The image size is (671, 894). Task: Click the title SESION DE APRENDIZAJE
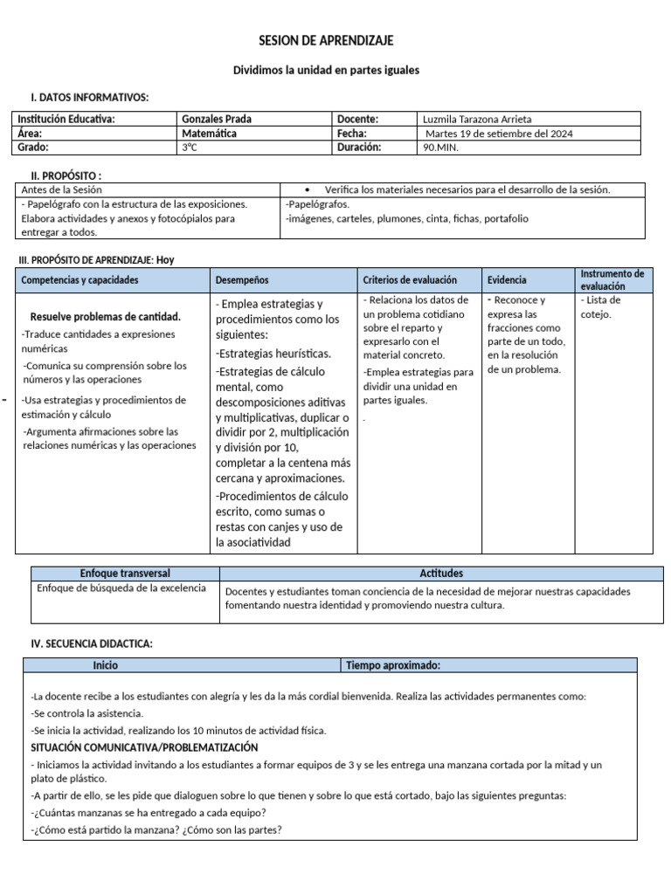326,41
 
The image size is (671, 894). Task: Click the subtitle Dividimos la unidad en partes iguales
326,70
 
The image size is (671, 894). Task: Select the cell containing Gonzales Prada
216,119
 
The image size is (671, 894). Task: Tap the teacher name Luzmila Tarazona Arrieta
476,119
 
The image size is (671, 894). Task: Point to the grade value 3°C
190,148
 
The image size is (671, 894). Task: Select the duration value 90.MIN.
440,148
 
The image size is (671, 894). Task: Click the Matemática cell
209,134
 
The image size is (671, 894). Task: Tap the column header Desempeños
242,280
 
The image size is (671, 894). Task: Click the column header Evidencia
507,280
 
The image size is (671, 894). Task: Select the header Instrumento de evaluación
612,279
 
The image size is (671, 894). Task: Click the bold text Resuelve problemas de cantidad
106,317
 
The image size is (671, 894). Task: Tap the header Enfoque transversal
125,574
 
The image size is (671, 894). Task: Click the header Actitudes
441,574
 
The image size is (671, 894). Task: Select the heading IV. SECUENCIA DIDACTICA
92,643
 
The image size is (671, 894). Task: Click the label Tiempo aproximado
393,665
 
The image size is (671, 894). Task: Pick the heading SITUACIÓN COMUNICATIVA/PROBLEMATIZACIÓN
144,747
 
